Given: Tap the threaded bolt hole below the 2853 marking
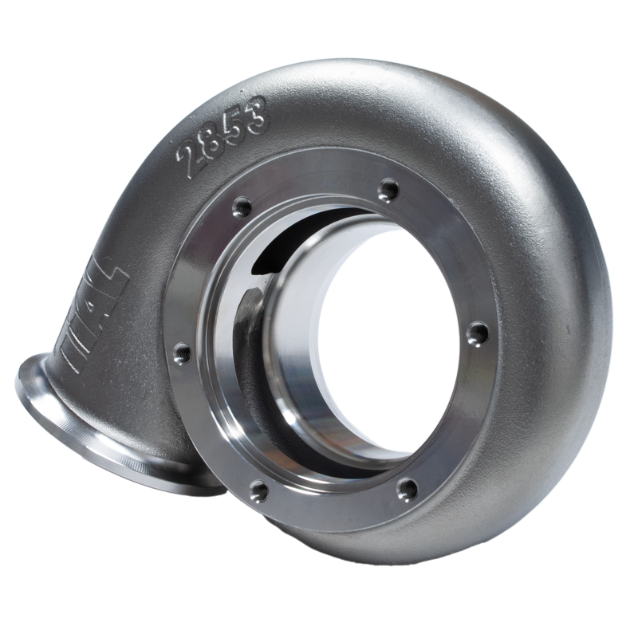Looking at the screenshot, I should (x=238, y=209).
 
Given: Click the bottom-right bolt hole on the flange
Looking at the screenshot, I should (x=408, y=487).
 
